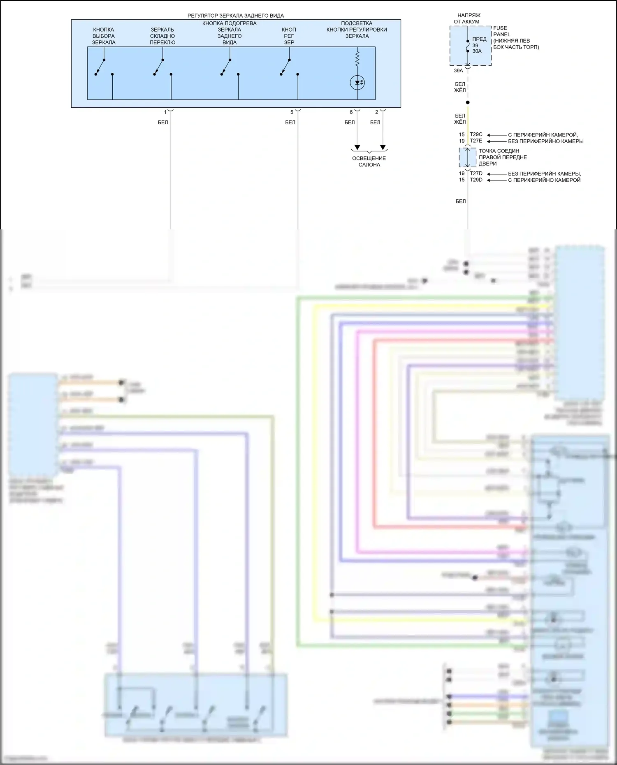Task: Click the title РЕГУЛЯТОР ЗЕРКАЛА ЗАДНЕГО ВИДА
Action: (235, 16)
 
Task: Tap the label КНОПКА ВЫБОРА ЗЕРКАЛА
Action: (104, 36)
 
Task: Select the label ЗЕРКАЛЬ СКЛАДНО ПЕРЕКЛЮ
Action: (162, 36)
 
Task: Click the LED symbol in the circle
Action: (357, 83)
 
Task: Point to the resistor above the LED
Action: (357, 58)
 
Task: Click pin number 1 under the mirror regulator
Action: (165, 112)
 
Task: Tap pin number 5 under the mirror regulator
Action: (292, 112)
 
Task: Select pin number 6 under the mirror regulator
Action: (351, 112)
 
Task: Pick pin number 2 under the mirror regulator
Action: (376, 112)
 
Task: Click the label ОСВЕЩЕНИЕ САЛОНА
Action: (369, 162)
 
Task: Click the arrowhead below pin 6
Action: (357, 147)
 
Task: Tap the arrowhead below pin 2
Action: (383, 147)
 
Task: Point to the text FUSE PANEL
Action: (501, 31)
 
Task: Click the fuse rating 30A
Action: (477, 51)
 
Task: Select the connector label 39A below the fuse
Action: (458, 71)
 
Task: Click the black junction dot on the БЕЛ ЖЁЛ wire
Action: (468, 102)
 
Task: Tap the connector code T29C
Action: (476, 134)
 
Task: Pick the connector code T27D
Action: (476, 173)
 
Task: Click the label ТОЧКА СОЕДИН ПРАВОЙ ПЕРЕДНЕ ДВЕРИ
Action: (503, 157)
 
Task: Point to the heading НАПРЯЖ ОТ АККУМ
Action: (468, 18)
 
